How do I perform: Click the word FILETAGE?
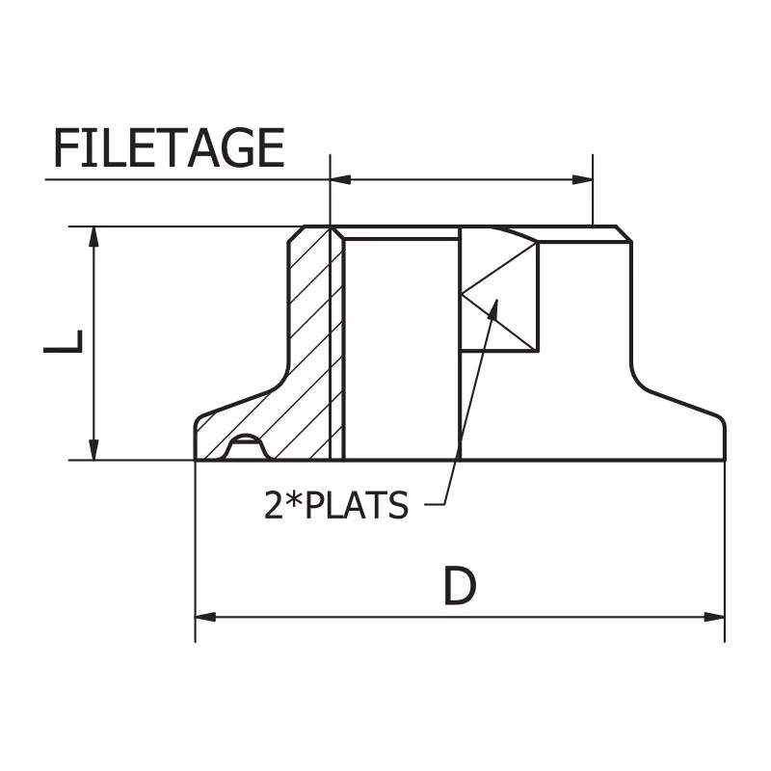click(169, 147)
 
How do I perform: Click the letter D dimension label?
click(460, 586)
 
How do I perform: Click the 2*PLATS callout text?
click(336, 505)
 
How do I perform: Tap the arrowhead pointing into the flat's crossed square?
click(494, 308)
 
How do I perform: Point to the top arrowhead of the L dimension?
click(93, 236)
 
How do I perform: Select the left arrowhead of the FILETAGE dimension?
click(339, 179)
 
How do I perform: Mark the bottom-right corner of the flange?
click(723, 460)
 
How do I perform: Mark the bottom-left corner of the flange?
click(197, 460)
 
